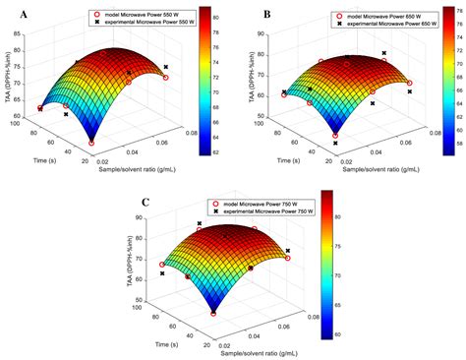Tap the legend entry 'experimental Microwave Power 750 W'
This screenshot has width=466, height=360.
261,211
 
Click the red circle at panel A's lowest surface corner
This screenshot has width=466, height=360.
91,143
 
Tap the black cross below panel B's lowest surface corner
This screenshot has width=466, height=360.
334,145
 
